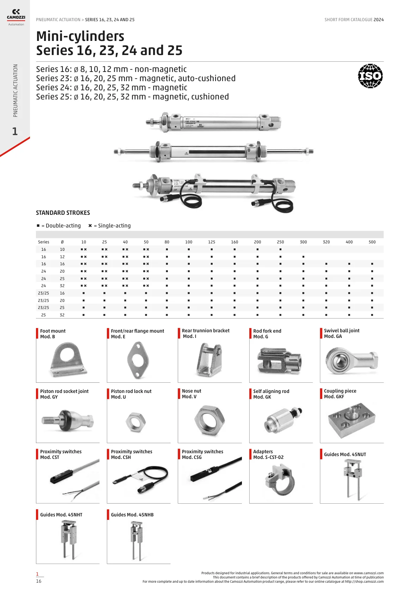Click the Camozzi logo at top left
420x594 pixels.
coord(16,17)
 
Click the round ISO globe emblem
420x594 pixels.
coord(370,76)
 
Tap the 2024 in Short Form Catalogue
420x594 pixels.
coord(379,20)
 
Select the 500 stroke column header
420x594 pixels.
coord(372,242)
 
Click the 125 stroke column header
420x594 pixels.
coord(212,242)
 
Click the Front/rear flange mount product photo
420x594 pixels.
coord(138,360)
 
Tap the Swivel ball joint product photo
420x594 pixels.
coord(352,360)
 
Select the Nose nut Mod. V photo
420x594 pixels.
coord(209,420)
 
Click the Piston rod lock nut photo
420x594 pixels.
coord(135,422)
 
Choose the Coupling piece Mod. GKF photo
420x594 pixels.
coord(352,420)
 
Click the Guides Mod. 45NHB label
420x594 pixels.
coord(132,515)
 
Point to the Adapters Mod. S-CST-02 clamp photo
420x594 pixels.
coord(280,480)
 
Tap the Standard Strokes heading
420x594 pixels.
coord(63,213)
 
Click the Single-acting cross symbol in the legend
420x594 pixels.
coord(90,226)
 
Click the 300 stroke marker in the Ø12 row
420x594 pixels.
coord(303,257)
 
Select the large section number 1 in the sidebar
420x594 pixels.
coord(15,131)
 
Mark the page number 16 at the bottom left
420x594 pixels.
coord(39,581)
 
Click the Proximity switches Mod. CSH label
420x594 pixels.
coord(132,454)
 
